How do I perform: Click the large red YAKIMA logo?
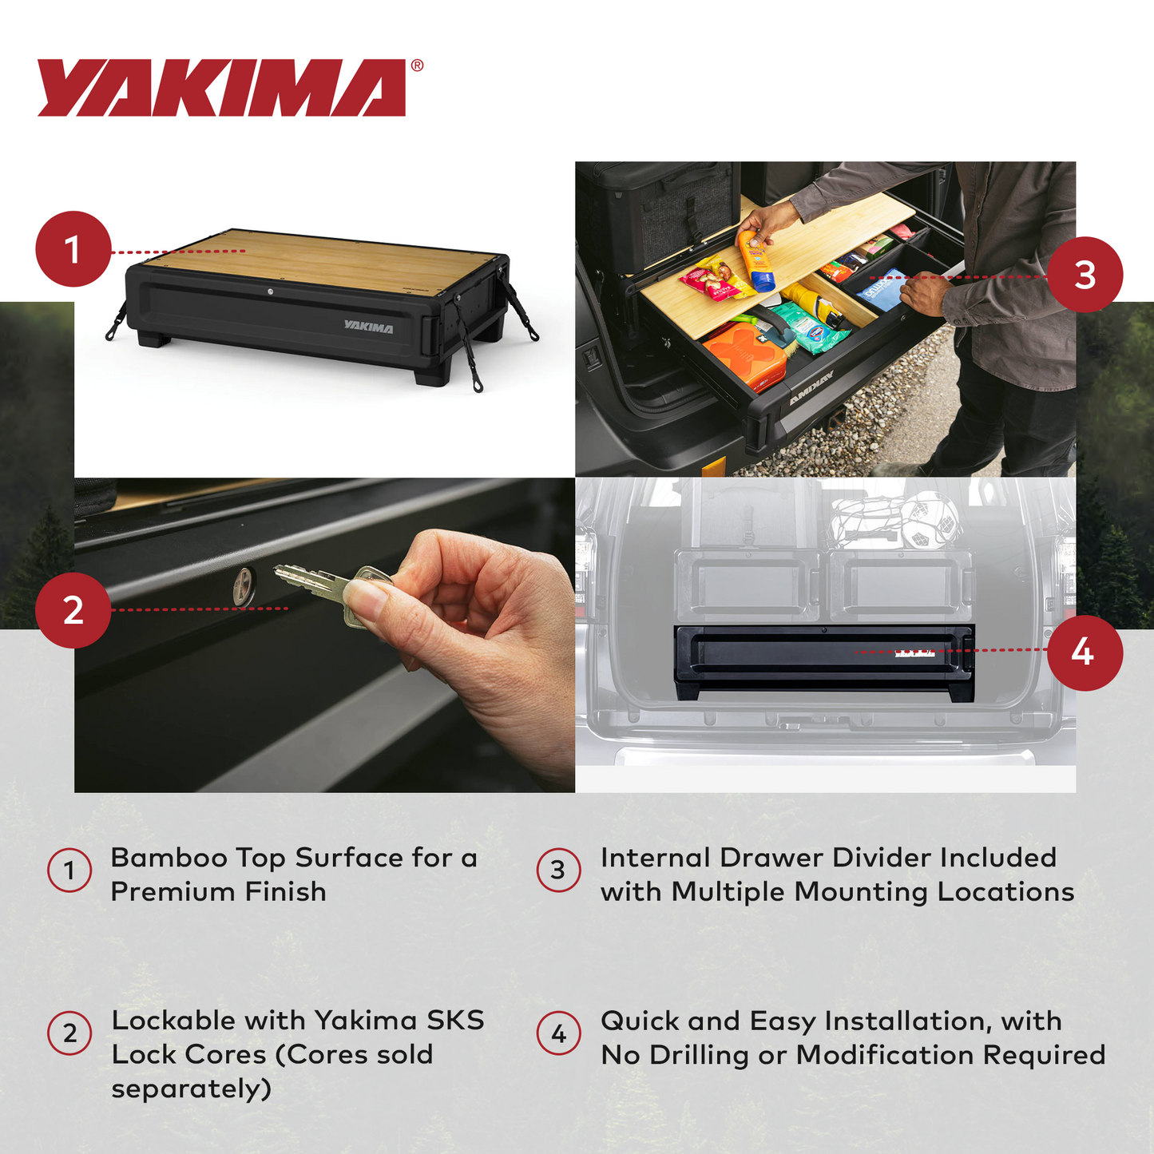click(x=221, y=88)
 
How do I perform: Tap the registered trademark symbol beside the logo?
click(x=417, y=66)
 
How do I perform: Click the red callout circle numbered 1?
click(x=73, y=249)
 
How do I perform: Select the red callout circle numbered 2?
click(x=73, y=610)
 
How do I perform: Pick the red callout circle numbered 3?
click(x=1085, y=275)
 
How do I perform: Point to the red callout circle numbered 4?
click(x=1085, y=652)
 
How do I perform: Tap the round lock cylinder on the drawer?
click(x=244, y=587)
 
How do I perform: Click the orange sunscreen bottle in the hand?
click(x=756, y=260)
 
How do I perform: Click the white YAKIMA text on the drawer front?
click(x=368, y=327)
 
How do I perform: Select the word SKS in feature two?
click(x=455, y=1021)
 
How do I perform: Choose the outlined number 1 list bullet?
click(x=69, y=870)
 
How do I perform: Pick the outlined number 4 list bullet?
click(x=558, y=1033)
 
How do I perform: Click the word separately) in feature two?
click(x=191, y=1089)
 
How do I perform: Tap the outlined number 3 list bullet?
click(x=558, y=870)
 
